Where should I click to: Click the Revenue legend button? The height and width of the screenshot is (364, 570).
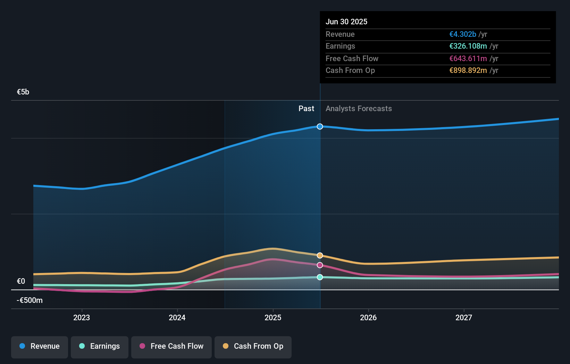click(x=40, y=347)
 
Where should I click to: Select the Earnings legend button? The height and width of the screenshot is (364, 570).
click(x=99, y=347)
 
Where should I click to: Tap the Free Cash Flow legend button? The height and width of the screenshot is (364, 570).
click(x=171, y=347)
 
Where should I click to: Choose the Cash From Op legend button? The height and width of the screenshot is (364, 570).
click(x=253, y=347)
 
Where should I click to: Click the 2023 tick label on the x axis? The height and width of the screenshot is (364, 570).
click(x=82, y=318)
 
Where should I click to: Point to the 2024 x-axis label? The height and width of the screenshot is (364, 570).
click(x=177, y=318)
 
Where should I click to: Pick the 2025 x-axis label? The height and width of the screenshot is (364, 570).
click(x=273, y=318)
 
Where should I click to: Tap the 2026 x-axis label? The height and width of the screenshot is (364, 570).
click(x=368, y=318)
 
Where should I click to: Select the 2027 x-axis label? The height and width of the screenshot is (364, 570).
click(x=464, y=318)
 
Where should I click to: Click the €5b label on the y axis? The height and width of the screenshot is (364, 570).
click(x=23, y=92)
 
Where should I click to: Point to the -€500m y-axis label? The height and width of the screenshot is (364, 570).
click(x=30, y=300)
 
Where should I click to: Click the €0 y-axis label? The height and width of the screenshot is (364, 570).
click(x=21, y=281)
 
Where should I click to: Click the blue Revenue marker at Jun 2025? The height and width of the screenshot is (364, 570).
click(x=320, y=126)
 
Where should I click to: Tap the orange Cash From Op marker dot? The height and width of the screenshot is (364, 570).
click(x=320, y=255)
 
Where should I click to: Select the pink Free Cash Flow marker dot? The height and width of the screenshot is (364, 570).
click(x=320, y=265)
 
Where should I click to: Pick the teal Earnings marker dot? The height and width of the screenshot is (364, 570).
click(x=320, y=277)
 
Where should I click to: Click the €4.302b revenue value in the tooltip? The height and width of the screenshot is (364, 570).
click(x=463, y=34)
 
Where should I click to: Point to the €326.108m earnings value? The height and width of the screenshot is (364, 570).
click(x=468, y=46)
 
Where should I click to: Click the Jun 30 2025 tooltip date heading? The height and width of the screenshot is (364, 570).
click(x=346, y=22)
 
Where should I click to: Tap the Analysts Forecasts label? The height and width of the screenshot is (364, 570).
click(x=359, y=109)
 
